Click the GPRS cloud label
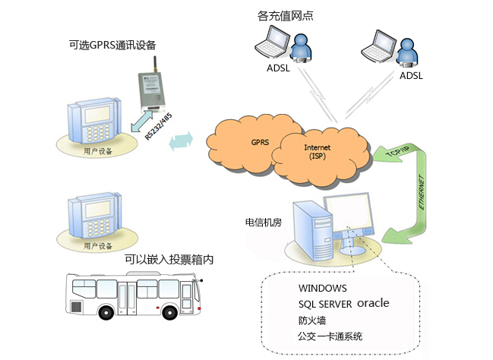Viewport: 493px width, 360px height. (x=260, y=142)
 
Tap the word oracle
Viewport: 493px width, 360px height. (x=373, y=302)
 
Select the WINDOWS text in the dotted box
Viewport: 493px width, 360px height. (x=323, y=289)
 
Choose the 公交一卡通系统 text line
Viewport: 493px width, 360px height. (x=330, y=336)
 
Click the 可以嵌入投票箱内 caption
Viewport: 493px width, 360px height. (x=169, y=260)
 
